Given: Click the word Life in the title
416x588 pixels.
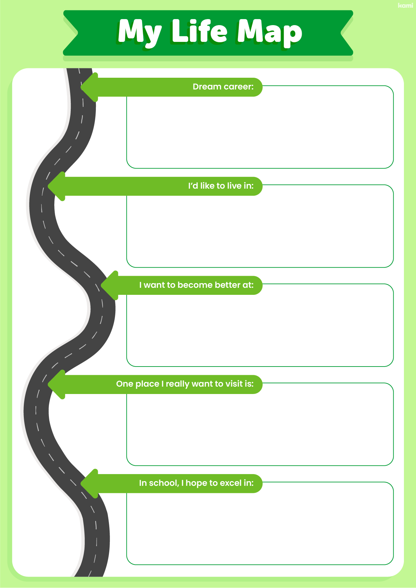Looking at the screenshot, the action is click(x=199, y=31).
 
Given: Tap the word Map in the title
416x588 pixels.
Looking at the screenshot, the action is click(x=270, y=32).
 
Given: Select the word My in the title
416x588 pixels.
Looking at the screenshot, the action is click(x=139, y=32).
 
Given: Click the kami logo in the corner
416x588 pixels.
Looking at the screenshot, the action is click(x=405, y=5).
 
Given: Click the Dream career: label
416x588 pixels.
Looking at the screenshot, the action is click(x=223, y=87).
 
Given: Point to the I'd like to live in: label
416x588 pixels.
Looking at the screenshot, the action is click(x=221, y=186).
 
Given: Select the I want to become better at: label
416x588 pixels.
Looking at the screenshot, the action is click(x=196, y=285).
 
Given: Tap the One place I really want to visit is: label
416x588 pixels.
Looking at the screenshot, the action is click(x=185, y=384).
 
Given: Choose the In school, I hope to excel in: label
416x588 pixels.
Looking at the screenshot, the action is click(x=196, y=483).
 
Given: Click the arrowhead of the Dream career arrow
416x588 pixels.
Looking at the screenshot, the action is click(x=89, y=87).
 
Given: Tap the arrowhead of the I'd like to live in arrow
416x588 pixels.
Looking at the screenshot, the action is click(x=56, y=186).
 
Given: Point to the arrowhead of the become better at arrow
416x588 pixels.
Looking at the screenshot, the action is click(x=109, y=285).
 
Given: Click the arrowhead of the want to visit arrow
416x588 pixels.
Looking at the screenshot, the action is click(x=56, y=384).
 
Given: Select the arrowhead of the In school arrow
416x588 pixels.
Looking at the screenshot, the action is click(x=89, y=483).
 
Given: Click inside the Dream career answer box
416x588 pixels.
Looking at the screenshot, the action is click(x=260, y=132).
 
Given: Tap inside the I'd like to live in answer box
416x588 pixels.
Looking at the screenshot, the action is click(x=260, y=231).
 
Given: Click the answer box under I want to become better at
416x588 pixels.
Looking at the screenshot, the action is click(x=260, y=330).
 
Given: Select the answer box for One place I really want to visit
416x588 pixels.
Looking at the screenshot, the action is click(x=260, y=429).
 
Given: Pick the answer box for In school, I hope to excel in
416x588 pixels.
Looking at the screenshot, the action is click(x=260, y=528).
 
